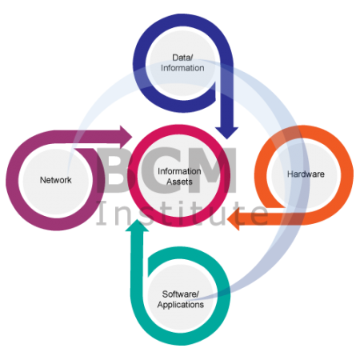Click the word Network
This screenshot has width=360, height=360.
click(56, 180)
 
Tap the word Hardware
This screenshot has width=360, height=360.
click(306, 174)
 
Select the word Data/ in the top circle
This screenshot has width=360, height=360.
click(182, 58)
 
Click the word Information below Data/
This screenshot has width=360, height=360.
click(182, 68)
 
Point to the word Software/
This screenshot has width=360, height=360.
click(181, 294)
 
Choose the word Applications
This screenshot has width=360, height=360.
click(181, 305)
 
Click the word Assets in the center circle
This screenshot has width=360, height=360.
click(179, 182)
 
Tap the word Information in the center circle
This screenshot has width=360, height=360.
click(179, 171)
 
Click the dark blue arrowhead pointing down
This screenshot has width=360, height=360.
click(227, 133)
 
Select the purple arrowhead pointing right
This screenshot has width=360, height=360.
click(126, 137)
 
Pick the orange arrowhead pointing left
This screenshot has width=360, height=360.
click(234, 219)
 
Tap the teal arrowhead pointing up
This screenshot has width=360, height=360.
click(137, 226)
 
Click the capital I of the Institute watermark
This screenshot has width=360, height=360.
click(102, 213)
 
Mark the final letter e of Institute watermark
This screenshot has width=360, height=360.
click(259, 215)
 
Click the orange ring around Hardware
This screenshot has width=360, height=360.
click(304, 131)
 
